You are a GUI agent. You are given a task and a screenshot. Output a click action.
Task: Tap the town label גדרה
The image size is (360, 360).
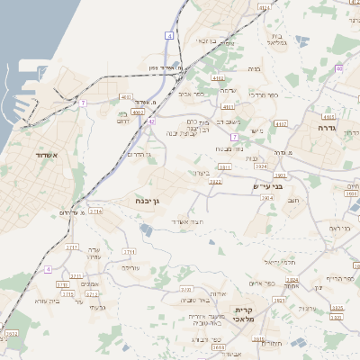tap(326, 128)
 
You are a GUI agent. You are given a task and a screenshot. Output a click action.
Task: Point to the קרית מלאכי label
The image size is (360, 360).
tap(242, 315)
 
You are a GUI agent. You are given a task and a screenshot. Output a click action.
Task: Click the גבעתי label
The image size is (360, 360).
tap(99, 308)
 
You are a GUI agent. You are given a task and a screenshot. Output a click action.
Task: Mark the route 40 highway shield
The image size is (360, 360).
tap(338, 68)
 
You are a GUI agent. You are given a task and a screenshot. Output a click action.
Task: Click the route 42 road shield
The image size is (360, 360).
tap(152, 121)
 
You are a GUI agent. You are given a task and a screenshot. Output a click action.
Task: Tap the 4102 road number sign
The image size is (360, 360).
tap(218, 78)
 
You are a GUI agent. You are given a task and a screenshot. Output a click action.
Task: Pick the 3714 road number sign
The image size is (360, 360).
tap(95, 211)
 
